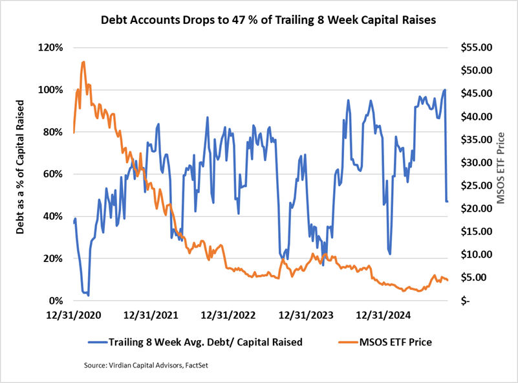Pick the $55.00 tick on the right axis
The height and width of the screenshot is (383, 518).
pos(475,48)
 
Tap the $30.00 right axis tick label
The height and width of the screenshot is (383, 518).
pos(475,162)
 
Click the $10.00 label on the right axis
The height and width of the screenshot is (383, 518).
pos(475,254)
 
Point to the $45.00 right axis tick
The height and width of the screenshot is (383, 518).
pos(475,94)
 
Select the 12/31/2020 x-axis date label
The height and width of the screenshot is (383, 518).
pos(74,316)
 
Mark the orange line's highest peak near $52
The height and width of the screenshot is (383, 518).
pos(83,62)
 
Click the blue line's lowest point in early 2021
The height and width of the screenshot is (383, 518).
pos(88,295)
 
